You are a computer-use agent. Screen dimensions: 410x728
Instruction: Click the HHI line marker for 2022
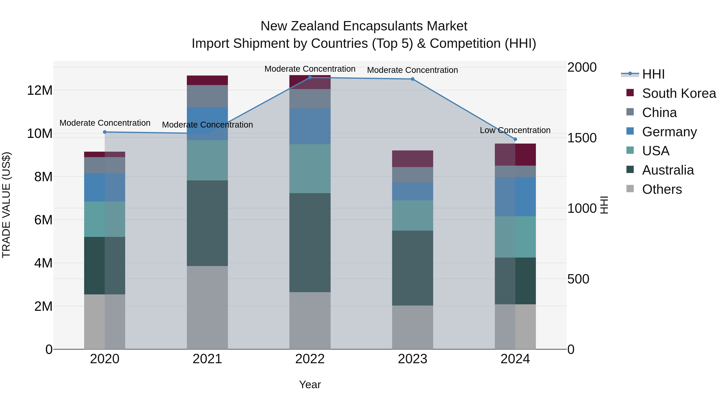[x=310, y=77]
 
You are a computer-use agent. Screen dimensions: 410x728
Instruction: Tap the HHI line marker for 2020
[x=105, y=132]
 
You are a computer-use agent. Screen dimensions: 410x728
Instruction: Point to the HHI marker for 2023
[x=412, y=79]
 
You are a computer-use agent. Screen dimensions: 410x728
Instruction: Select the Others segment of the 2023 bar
[x=412, y=327]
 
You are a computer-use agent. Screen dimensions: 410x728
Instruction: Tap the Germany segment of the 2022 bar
[x=310, y=126]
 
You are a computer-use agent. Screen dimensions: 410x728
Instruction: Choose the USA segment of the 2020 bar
[x=105, y=219]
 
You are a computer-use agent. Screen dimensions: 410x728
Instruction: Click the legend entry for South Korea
[x=679, y=93]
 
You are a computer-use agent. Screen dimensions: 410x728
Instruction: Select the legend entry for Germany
[x=669, y=132]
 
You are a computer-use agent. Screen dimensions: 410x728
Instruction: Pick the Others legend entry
[x=662, y=189]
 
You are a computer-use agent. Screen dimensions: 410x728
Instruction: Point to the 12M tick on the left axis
[x=40, y=91]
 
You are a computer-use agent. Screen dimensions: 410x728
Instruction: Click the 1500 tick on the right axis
[x=582, y=138]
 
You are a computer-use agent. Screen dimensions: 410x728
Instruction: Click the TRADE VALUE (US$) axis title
[x=6, y=205]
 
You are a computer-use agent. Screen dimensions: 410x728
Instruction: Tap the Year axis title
[x=310, y=384]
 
